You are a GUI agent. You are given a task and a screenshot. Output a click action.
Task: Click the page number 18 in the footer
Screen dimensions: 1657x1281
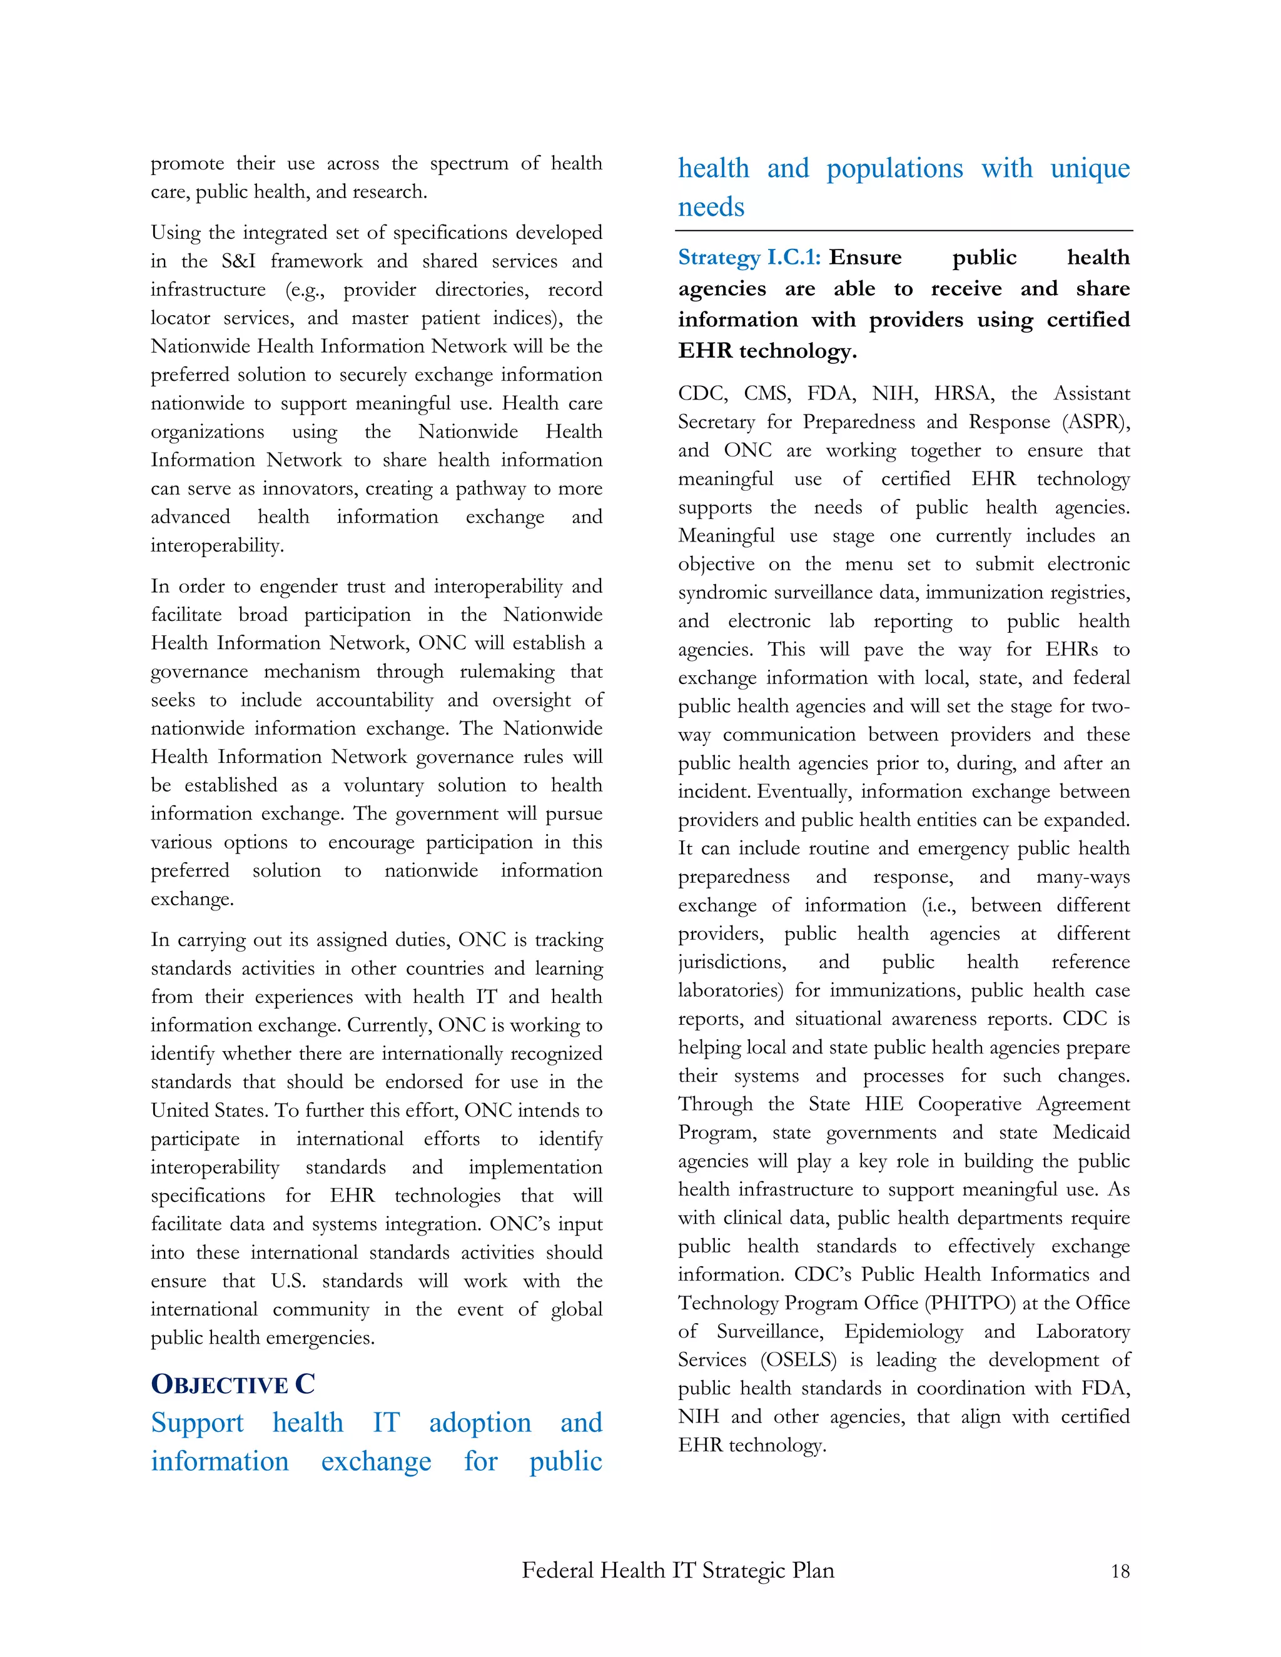point(1120,1571)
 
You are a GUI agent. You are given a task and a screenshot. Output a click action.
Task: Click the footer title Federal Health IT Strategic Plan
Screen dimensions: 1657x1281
point(677,1569)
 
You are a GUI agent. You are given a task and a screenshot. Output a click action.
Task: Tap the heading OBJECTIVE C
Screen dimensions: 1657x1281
point(233,1384)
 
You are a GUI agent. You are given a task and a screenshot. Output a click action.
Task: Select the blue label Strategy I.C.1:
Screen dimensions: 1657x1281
point(749,258)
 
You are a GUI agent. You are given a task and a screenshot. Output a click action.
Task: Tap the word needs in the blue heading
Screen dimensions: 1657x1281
point(711,206)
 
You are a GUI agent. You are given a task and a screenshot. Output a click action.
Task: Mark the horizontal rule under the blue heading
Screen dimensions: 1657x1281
point(903,231)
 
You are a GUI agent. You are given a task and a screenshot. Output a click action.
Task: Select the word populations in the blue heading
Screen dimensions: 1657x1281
point(894,168)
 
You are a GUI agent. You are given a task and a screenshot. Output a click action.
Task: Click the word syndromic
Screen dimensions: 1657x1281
point(715,593)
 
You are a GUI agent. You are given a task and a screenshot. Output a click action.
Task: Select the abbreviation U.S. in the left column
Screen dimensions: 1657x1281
point(288,1281)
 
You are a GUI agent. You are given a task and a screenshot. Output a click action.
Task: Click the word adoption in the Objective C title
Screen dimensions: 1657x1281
point(480,1423)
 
